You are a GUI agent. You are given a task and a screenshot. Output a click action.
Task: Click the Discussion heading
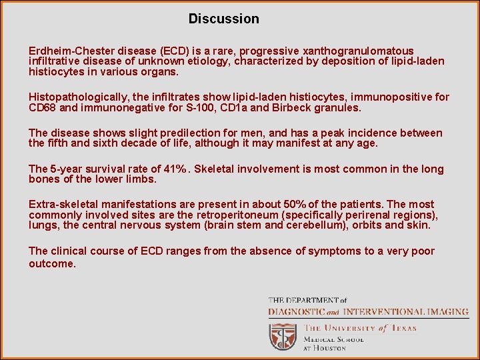pos(223,19)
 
